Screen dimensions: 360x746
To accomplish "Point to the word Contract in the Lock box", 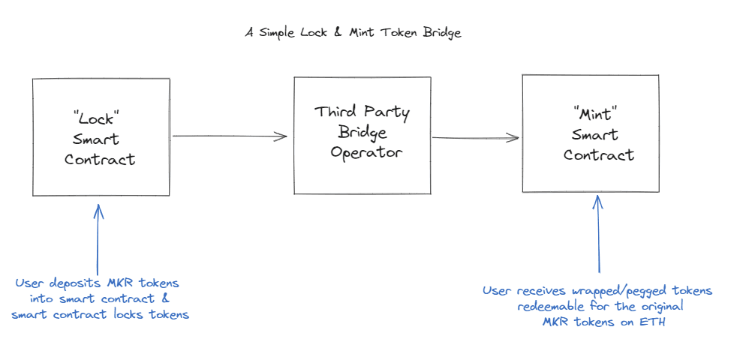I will [100, 159].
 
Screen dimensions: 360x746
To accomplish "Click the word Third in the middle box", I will [335, 112].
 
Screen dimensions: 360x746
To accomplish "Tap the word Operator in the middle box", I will [362, 152].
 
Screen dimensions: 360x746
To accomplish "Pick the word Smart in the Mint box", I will [595, 136].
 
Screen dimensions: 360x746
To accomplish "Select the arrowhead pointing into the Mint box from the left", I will [514, 138].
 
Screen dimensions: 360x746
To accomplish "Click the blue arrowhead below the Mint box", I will [598, 202].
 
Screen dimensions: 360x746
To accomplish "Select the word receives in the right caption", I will [539, 290].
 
